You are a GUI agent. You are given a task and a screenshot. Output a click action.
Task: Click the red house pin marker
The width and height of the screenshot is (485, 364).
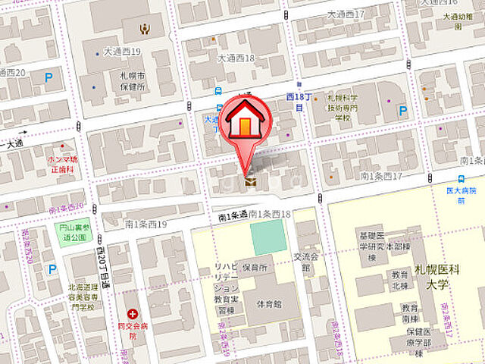(x=244, y=121)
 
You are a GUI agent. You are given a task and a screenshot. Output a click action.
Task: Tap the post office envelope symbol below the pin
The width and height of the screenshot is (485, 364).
(x=249, y=182)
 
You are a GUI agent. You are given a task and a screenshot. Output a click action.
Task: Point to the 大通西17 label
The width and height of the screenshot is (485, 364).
(x=346, y=14)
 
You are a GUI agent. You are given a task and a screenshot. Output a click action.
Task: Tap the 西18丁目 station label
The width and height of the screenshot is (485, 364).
(x=295, y=102)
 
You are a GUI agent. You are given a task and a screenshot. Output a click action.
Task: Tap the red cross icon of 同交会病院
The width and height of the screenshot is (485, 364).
(x=133, y=313)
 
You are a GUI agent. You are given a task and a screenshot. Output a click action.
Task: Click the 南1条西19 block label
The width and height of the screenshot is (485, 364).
(x=145, y=224)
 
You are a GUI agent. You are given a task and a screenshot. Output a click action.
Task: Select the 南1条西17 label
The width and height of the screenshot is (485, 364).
(x=380, y=176)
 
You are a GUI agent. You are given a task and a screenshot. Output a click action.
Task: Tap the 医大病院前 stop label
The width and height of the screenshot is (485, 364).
(x=455, y=195)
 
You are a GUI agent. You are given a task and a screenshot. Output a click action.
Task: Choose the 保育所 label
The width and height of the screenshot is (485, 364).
(x=256, y=268)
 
